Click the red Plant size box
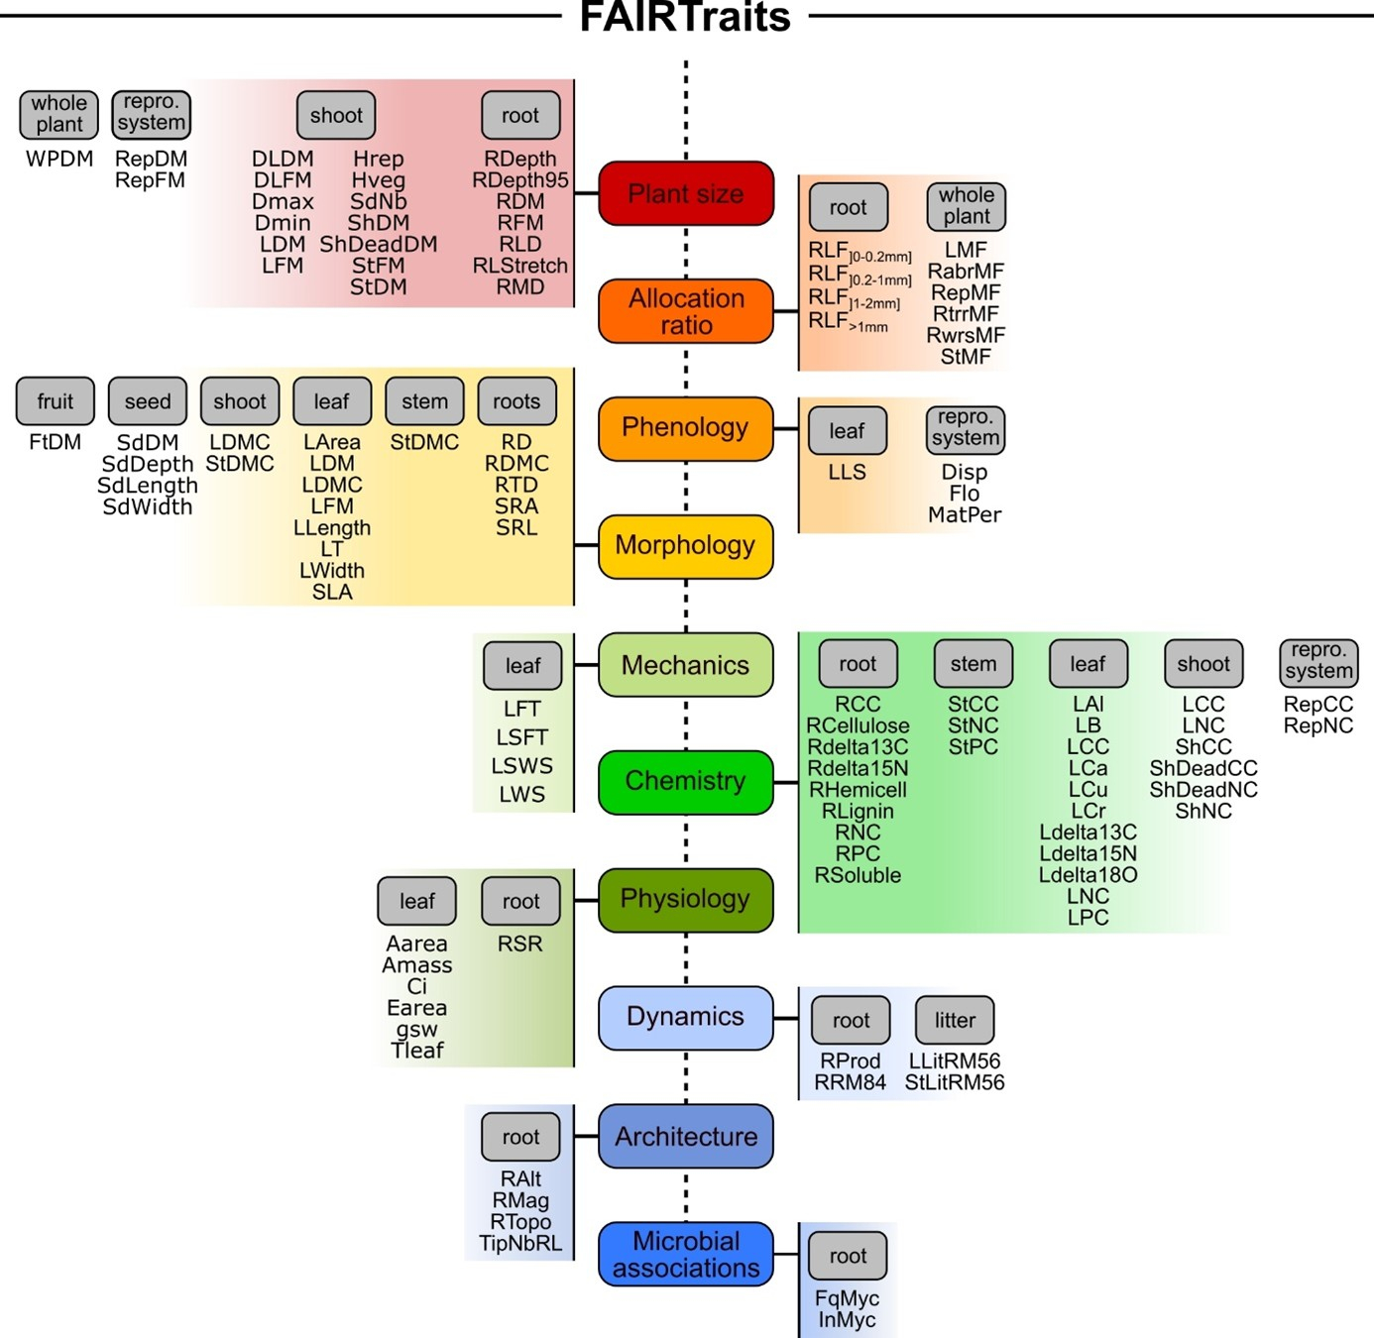point(685,193)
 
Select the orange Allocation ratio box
point(685,311)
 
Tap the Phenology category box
point(685,428)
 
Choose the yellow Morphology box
point(685,546)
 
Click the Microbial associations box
point(685,1254)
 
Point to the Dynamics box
point(685,1017)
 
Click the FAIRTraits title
point(685,17)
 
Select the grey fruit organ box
point(56,401)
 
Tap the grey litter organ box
point(955,1020)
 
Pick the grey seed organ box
point(148,401)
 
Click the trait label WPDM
point(59,159)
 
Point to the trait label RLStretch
point(520,266)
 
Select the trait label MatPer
point(965,515)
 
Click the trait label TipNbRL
point(520,1243)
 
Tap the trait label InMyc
point(848,1320)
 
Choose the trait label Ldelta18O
point(1088,875)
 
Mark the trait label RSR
point(520,945)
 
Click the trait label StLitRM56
point(955,1083)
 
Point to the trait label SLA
point(332,592)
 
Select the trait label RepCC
point(1318,704)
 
